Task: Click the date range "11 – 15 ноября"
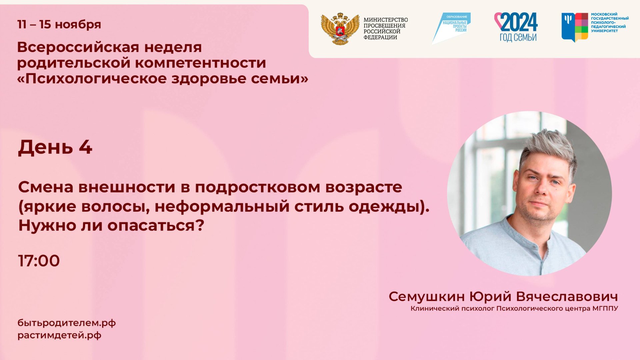[x=59, y=24]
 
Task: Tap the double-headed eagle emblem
[x=340, y=29]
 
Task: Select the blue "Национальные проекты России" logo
[x=451, y=28]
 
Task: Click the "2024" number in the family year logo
[x=519, y=22]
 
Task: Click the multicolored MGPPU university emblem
[x=575, y=27]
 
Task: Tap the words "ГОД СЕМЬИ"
[x=518, y=37]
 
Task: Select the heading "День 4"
[x=55, y=147]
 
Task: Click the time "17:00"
[x=39, y=261]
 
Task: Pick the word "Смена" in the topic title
[x=46, y=187]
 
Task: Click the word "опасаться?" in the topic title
[x=156, y=226]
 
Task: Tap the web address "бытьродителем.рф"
[x=67, y=323]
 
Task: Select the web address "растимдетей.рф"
[x=59, y=335]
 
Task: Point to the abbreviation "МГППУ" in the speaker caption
[x=605, y=308]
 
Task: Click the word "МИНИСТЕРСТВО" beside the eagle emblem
[x=386, y=20]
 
